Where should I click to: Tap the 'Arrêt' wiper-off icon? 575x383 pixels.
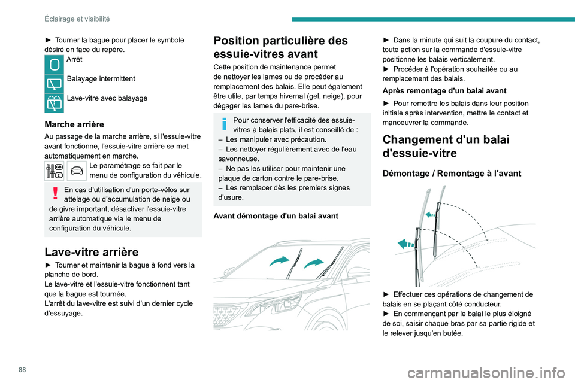(54, 64)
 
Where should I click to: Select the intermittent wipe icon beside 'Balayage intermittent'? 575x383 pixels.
(54, 83)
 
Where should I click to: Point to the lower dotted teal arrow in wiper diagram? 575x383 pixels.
(407, 244)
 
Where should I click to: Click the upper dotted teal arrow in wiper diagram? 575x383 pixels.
(429, 212)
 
